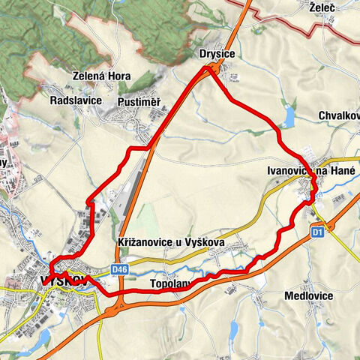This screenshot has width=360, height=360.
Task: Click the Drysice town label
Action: [217, 55]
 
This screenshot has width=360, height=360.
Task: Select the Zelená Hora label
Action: [103, 76]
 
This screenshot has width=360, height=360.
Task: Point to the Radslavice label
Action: [75, 100]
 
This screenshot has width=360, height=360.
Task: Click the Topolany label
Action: [172, 285]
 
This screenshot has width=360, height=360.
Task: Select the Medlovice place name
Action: [308, 295]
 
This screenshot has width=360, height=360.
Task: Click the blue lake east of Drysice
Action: [289, 115]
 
